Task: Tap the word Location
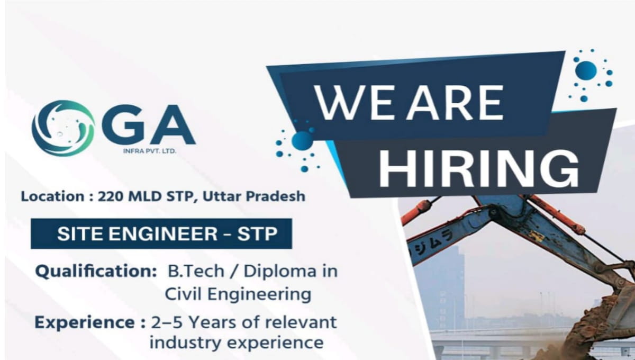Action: tap(52, 196)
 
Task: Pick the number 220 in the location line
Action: tap(111, 196)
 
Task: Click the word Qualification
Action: tap(93, 272)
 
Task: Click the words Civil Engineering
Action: tap(238, 294)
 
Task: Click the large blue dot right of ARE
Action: tap(586, 70)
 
